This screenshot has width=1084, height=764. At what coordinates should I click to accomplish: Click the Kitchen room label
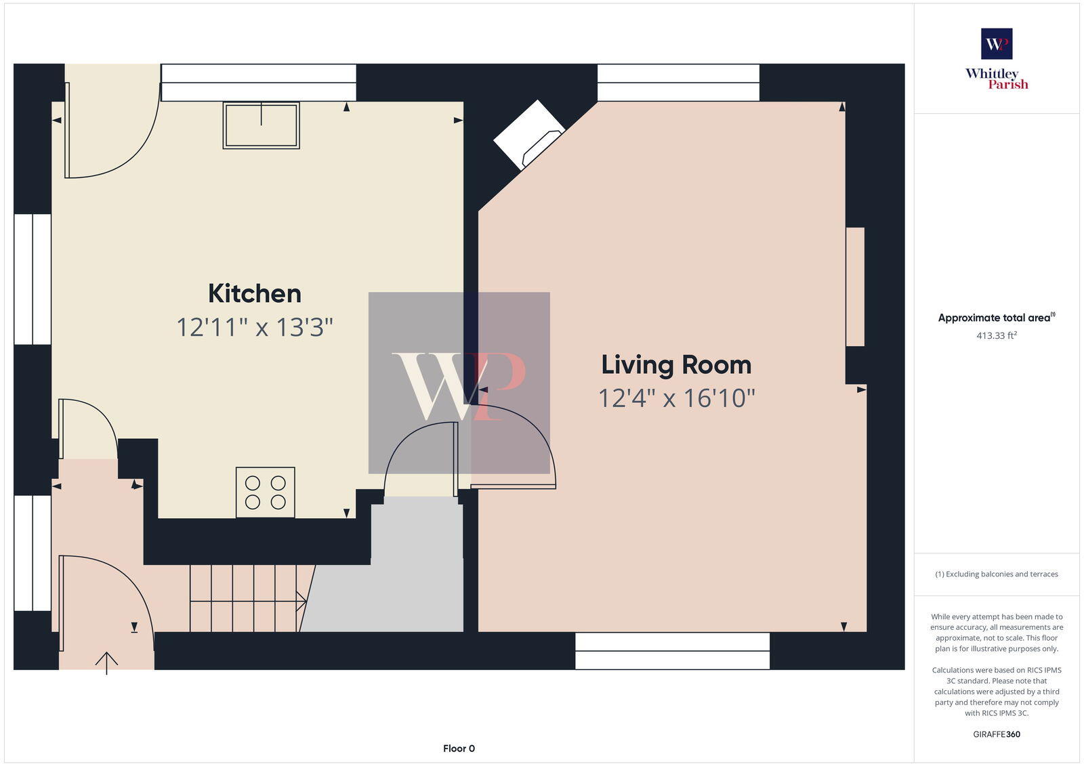click(255, 294)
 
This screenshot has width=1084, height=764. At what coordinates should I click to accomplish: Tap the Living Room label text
click(676, 365)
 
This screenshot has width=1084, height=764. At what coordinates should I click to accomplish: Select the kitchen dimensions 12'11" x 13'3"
click(255, 328)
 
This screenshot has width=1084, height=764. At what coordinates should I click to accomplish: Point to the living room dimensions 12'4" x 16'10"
click(676, 398)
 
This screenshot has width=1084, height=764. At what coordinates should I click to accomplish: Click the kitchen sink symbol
click(261, 125)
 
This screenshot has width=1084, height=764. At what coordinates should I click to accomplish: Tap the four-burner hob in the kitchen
click(266, 492)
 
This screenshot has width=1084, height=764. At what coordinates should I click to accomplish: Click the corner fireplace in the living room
click(528, 134)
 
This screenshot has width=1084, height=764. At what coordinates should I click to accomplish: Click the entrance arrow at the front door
click(107, 662)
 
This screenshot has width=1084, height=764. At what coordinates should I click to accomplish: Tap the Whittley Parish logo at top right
click(997, 59)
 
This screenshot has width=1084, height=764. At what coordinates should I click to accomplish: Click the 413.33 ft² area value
click(997, 335)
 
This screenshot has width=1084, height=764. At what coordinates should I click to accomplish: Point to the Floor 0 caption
click(459, 748)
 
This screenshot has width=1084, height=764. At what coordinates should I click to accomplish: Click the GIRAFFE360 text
click(997, 734)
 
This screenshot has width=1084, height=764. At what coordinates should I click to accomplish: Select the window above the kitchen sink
click(258, 83)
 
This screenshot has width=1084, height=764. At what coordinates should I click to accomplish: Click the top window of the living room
click(678, 83)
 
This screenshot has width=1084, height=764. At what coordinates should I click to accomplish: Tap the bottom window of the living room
click(672, 651)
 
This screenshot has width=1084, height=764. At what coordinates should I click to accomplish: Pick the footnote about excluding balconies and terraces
click(997, 574)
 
